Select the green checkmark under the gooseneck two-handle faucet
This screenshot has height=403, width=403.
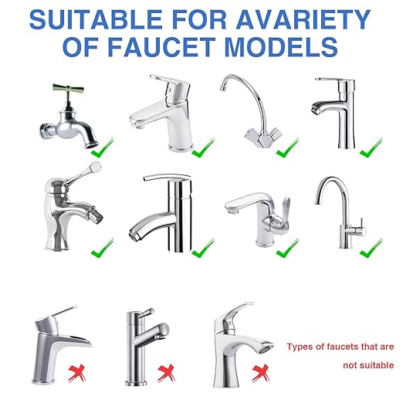click(287, 146)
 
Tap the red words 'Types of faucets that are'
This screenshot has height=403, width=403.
click(340, 347)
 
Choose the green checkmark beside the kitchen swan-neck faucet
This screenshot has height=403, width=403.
click(370, 248)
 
